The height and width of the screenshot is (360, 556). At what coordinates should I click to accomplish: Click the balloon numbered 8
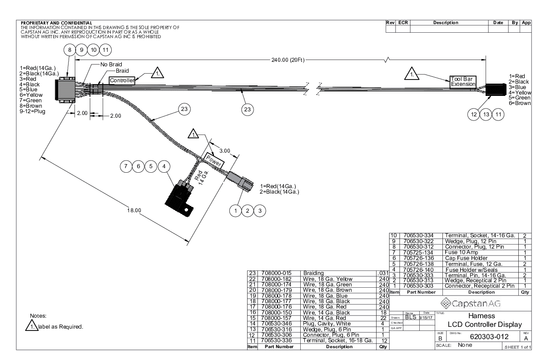point(69,50)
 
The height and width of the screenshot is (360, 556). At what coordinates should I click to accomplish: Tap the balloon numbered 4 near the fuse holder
point(164,166)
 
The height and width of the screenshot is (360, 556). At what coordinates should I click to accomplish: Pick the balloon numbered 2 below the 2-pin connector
point(248,210)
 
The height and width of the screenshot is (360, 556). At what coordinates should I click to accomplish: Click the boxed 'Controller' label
point(122,80)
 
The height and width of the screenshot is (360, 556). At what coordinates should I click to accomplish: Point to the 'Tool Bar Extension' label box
point(462,81)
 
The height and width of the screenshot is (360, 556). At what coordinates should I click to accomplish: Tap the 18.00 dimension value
point(135,210)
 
